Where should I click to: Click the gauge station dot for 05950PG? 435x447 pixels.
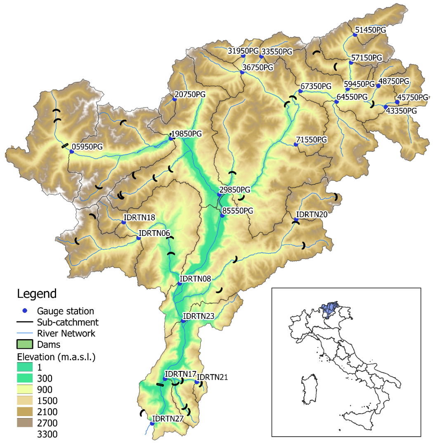(x=71, y=152)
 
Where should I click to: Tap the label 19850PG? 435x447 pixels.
(x=187, y=134)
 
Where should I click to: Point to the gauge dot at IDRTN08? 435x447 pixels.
(x=180, y=283)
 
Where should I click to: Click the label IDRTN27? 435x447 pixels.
(x=168, y=418)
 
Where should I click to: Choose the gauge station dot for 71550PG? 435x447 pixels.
(x=296, y=145)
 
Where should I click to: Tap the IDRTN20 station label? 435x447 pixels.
(x=312, y=214)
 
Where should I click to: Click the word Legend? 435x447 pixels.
(x=36, y=294)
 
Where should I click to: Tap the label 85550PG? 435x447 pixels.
(x=239, y=210)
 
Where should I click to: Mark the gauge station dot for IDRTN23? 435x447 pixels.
(x=183, y=321)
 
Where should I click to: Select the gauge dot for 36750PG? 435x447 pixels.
(x=242, y=72)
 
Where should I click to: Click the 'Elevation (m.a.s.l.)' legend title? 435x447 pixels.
(x=56, y=356)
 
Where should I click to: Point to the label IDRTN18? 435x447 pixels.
(x=139, y=217)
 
